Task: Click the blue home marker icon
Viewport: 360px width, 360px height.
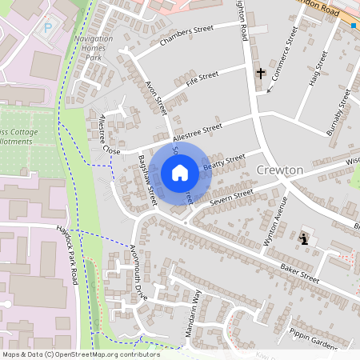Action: click(180, 172)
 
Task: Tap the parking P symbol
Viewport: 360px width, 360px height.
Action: click(47, 27)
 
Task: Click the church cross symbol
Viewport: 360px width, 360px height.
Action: click(261, 74)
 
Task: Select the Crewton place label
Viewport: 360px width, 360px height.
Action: click(280, 170)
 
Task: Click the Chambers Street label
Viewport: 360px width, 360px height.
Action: click(187, 35)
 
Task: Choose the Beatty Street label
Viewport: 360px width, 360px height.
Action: click(224, 162)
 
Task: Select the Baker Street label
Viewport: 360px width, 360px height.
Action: click(299, 274)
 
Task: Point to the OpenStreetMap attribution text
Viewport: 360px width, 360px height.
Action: click(81, 354)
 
